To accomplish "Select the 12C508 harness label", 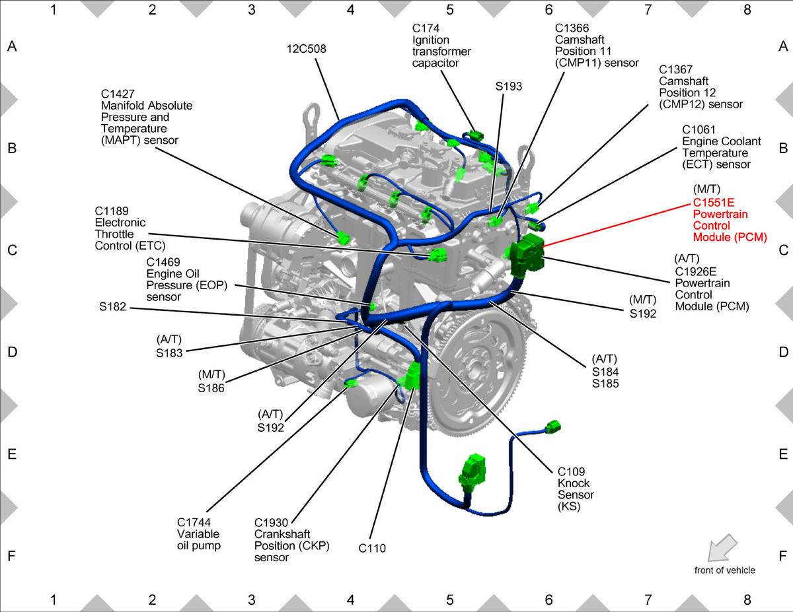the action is pos(306,49).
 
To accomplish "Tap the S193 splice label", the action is pos(508,86).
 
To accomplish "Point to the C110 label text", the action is pos(372,548).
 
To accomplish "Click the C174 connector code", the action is pos(426,28).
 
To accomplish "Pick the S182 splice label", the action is pos(112,307).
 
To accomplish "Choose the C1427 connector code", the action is pos(118,94).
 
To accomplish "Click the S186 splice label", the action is pos(211,388).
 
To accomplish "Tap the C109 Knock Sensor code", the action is pos(571,471).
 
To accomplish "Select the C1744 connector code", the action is pos(194,522).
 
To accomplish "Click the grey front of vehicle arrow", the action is pos(722,548).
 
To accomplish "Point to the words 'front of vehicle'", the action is pos(724,570).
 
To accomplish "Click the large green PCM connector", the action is pos(527,255).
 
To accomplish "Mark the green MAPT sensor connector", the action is pos(343,239).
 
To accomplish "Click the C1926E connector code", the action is pos(696,271).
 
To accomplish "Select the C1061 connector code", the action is pos(699,130).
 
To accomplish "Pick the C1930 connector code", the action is pos(271,523).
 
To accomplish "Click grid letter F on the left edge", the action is pos(12,556).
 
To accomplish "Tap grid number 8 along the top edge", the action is pos(747,10).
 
